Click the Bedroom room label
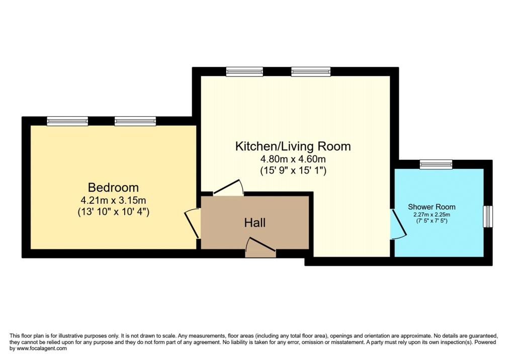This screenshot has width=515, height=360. pos(113,188)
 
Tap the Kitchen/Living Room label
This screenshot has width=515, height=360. pos(293,146)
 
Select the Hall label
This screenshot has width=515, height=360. pos(255,223)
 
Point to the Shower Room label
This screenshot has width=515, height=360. pos(432,207)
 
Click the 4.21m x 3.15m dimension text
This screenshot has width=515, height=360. pos(113,200)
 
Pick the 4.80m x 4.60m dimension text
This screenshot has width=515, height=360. pos(293,159)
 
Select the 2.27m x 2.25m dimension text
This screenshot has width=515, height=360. pos(432,215)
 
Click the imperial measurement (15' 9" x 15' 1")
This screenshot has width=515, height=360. pos(293,171)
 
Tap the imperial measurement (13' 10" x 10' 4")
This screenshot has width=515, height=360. pos(113,212)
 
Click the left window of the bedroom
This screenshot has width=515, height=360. pos(67,121)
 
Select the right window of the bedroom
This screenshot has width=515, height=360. pos(135,121)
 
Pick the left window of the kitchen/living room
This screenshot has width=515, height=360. pos(245,71)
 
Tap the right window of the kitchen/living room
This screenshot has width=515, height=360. pos(311,71)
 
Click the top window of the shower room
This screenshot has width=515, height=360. pos(436,164)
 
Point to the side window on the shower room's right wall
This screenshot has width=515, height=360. pos(488,217)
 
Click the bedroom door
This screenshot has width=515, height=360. pos(192,224)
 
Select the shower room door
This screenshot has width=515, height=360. pos(398,224)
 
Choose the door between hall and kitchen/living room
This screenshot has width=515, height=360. pos(228,188)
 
